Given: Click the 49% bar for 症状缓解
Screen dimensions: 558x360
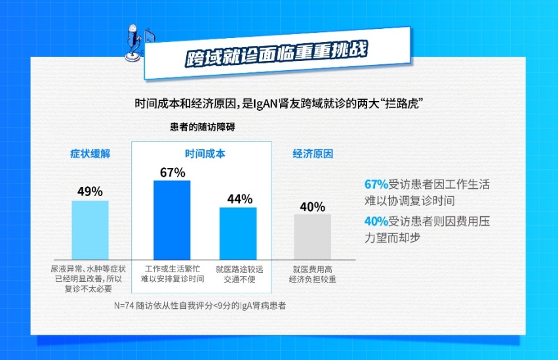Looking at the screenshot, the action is point(90,230).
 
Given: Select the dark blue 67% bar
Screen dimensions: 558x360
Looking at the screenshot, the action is point(172,220).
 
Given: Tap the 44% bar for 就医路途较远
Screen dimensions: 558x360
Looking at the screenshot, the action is point(238,233).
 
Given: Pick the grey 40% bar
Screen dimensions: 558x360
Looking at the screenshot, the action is point(313,237).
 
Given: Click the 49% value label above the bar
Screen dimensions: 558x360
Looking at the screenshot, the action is point(90,191).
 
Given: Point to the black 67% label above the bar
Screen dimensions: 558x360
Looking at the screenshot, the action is point(172,172).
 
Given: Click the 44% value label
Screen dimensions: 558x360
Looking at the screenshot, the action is point(240,199).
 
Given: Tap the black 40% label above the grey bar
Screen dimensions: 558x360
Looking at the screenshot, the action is point(313,207).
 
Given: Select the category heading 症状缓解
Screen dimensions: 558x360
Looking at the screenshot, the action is point(90,153).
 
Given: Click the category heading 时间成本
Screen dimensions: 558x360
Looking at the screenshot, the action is point(205,153).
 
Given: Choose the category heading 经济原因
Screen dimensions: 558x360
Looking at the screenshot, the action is point(313,153).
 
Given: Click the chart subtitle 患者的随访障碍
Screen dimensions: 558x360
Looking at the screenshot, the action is point(203,127).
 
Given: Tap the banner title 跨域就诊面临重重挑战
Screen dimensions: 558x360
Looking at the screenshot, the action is point(277,54).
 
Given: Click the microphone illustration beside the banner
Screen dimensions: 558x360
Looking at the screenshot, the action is point(134,43).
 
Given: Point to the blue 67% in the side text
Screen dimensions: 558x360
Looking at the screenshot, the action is point(376,184).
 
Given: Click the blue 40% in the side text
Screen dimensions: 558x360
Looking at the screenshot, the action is point(376,221).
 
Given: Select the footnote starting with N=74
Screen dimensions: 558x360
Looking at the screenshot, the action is point(200,306).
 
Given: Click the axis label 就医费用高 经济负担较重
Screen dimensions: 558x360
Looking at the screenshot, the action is point(313,274).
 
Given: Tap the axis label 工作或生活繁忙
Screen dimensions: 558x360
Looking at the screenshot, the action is point(172,269).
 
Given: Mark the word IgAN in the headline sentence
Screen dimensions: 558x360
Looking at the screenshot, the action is point(265,104).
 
